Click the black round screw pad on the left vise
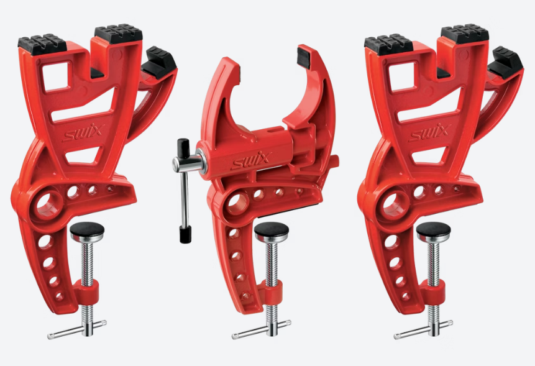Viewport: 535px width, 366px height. coord(87,231)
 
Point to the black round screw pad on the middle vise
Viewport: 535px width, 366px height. coord(272,232)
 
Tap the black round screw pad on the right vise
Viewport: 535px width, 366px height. coord(433,231)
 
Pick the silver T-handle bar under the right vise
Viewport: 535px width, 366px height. coord(423,330)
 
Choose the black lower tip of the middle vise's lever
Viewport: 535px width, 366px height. coord(184,235)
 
